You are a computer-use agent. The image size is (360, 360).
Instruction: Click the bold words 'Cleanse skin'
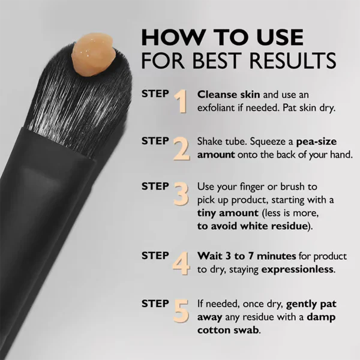(224, 95)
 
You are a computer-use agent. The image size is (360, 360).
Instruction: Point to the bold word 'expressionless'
(298, 269)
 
